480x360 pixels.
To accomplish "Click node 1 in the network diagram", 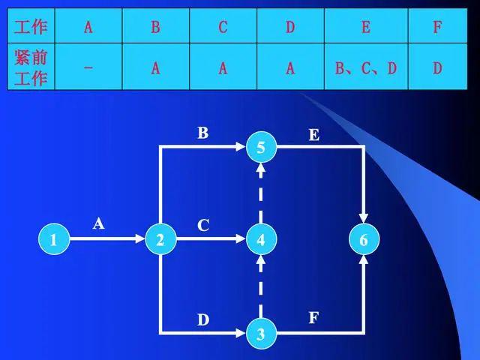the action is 53,240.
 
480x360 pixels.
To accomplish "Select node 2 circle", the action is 160,240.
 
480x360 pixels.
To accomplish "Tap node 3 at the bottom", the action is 260,333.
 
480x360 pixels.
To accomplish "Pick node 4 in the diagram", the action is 260,240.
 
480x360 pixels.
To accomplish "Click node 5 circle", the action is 260,148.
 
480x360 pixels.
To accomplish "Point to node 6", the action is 364,240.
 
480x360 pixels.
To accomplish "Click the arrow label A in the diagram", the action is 98,223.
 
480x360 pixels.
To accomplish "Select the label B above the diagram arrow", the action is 202,133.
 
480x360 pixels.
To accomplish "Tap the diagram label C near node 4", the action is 202,225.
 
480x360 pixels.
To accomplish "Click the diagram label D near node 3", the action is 202,320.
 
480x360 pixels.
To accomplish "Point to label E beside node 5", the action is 313,135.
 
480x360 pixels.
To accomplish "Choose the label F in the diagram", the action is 313,318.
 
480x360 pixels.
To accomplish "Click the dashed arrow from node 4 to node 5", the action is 260,193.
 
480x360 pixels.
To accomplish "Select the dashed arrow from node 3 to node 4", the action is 260,286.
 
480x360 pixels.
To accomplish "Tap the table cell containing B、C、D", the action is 365,67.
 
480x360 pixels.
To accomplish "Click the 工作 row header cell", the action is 31,28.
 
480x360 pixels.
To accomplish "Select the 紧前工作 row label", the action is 31,67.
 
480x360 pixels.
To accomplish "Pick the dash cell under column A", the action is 88,67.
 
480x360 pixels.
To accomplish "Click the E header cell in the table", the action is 365,28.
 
